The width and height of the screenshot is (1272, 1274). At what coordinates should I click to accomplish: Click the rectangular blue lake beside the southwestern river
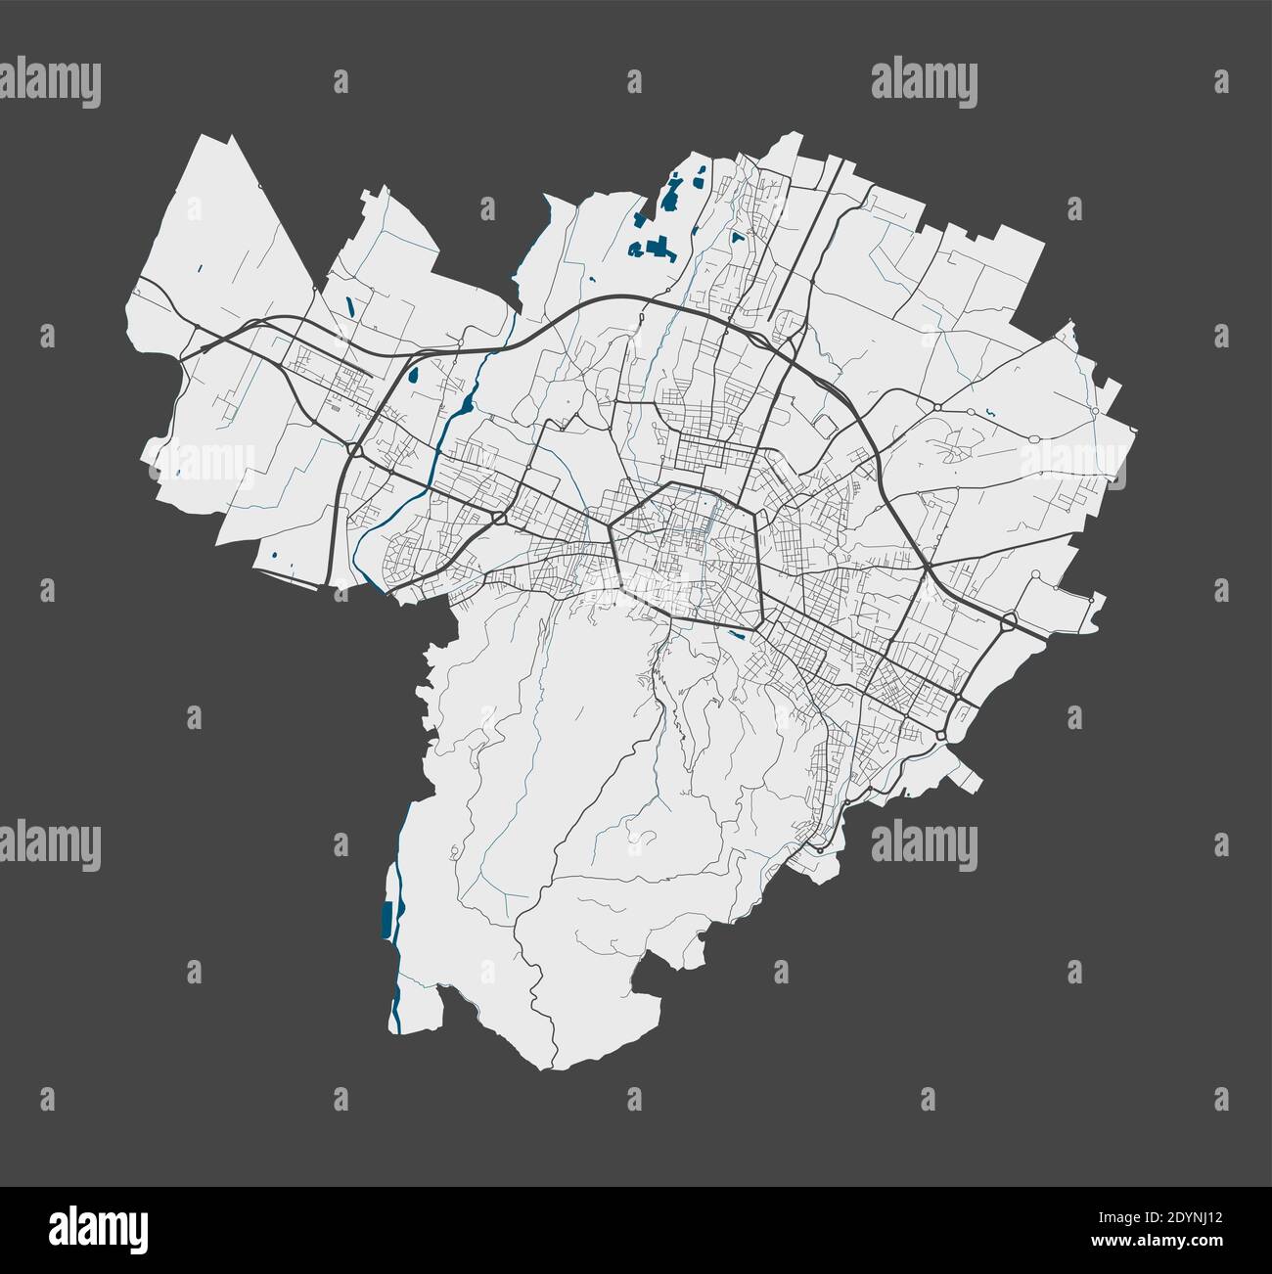[x=386, y=917]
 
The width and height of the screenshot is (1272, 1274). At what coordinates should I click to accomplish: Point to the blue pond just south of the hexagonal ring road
[x=740, y=634]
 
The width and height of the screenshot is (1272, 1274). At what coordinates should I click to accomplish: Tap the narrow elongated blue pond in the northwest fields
[x=350, y=304]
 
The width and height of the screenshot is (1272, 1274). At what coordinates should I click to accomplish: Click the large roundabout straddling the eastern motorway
[x=1009, y=619]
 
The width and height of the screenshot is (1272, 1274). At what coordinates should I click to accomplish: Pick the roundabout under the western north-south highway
[x=351, y=450]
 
